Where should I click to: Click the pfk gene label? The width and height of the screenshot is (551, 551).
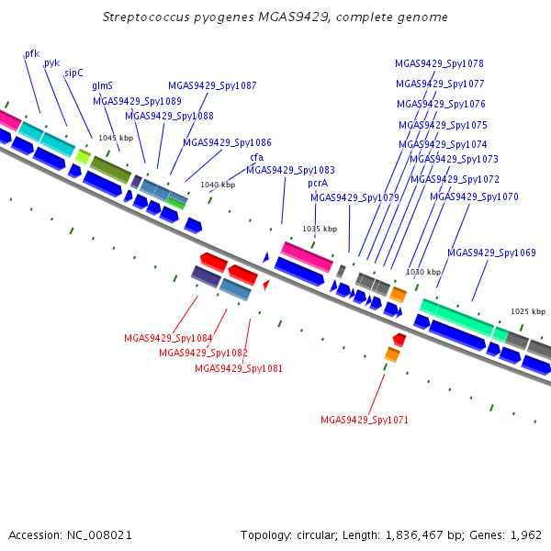32,54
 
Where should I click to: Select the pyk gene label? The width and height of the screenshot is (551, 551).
52,63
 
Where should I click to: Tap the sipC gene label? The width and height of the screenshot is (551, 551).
73,73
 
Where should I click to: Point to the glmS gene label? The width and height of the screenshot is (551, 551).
102,85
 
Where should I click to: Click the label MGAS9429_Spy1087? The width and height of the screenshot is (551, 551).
212,85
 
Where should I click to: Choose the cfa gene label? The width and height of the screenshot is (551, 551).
257,157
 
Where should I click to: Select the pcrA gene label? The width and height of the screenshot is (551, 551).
318,184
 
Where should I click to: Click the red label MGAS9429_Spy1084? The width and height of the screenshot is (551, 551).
168,338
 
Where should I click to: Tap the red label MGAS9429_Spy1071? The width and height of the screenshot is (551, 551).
365,420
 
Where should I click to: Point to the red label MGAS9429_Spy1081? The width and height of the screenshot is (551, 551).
239,368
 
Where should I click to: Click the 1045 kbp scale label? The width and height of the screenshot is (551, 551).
116,138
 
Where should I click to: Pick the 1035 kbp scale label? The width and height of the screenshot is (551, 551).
320,229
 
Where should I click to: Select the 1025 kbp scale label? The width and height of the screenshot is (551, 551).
528,311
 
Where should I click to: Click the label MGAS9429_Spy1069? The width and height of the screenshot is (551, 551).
491,253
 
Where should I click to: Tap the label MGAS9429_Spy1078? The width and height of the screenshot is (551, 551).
439,63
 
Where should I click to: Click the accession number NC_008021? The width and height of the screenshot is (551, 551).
99,535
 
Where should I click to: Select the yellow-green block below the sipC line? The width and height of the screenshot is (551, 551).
83,157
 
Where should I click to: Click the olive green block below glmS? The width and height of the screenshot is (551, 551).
111,170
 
